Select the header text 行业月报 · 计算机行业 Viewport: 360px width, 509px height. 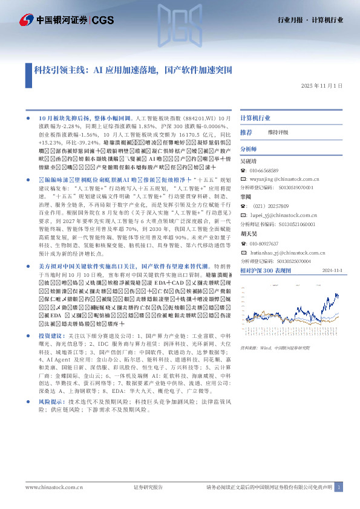315,20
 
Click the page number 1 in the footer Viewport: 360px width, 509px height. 339,487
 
